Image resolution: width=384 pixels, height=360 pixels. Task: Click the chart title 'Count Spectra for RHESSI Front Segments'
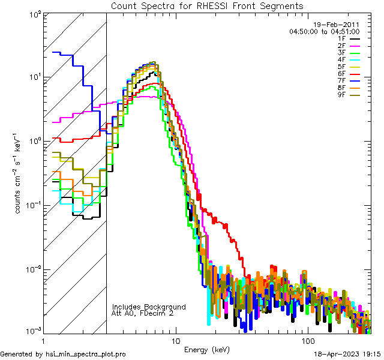pos(207,5)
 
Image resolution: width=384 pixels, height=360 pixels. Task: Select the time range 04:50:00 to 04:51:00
pos(324,31)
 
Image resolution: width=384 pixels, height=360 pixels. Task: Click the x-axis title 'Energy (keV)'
pos(207,349)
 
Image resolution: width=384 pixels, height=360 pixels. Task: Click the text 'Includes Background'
pos(149,307)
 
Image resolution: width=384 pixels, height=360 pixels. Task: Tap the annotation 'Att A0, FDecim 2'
pos(143,313)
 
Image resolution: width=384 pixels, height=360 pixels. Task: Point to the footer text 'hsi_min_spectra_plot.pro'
pos(86,354)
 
